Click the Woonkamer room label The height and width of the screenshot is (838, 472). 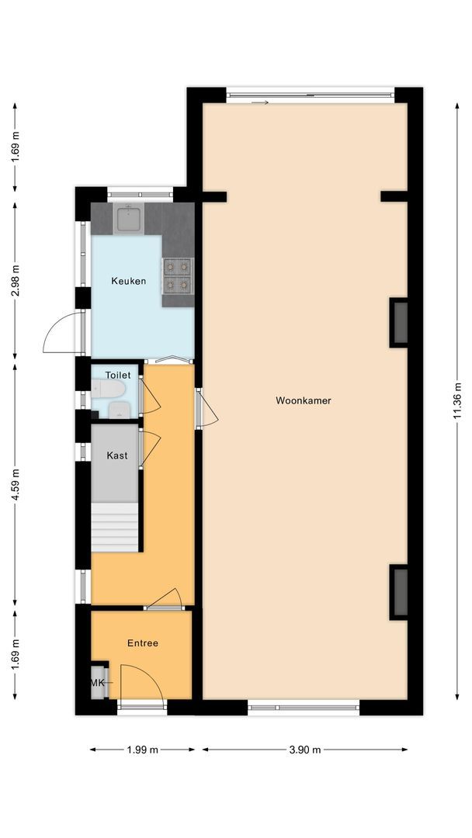[x=304, y=401]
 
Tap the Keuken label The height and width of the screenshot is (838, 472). [x=128, y=281]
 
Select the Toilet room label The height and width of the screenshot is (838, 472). [x=118, y=375]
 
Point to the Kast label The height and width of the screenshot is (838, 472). [x=117, y=455]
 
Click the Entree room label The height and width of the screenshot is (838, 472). [x=143, y=643]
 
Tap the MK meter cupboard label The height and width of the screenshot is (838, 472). [x=98, y=683]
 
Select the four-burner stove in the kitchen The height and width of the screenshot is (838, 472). [x=177, y=276]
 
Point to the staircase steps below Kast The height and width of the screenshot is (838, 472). [x=115, y=527]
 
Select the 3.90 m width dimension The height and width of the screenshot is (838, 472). [x=304, y=750]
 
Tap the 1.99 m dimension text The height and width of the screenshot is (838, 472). [x=142, y=750]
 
